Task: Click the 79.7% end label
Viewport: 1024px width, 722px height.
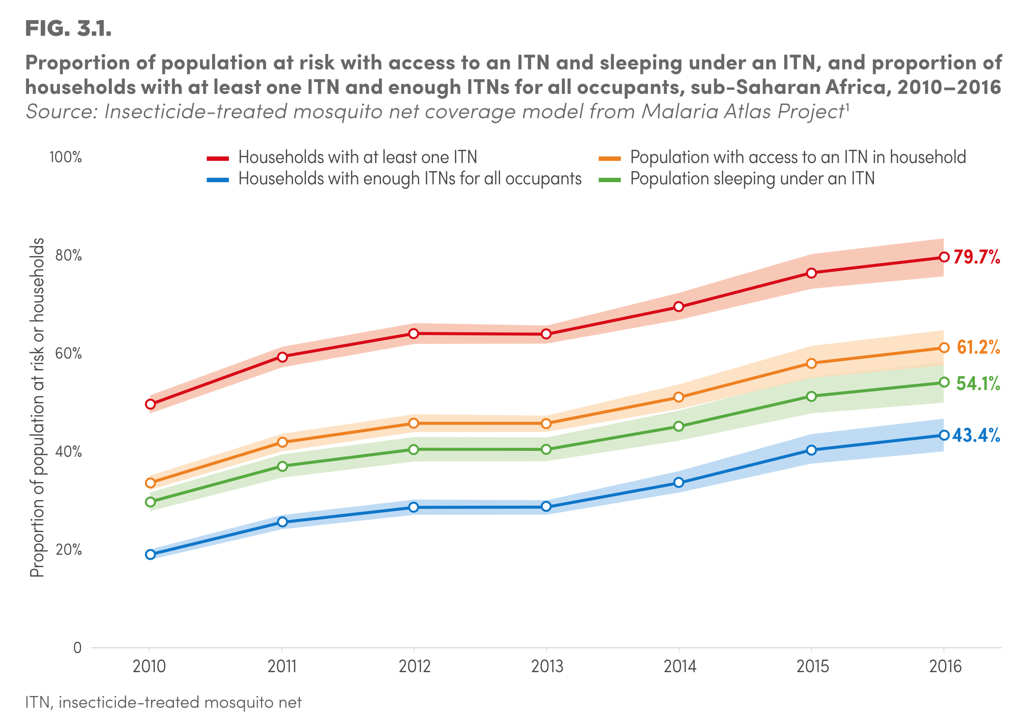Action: (976, 257)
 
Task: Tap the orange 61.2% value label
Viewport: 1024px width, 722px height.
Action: (978, 347)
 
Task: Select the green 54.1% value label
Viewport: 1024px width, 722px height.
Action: (977, 383)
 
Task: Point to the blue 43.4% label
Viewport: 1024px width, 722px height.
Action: (976, 435)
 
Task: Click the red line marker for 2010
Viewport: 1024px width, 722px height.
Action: (150, 404)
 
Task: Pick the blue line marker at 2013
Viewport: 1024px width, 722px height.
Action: (546, 507)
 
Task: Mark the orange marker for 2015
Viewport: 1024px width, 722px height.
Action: (811, 364)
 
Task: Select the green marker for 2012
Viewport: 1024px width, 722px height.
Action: (413, 449)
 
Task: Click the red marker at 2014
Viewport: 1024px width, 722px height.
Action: (678, 306)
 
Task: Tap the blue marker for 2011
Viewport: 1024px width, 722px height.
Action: (282, 522)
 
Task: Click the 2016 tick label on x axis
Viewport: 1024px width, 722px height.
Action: (945, 667)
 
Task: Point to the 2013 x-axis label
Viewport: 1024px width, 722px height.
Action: (547, 667)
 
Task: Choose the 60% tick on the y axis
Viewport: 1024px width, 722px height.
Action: (68, 354)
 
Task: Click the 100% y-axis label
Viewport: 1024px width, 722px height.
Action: (66, 157)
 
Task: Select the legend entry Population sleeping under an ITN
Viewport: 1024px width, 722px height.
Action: (752, 179)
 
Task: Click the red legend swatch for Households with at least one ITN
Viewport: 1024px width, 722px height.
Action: (218, 158)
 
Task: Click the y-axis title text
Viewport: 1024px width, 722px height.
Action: (38, 407)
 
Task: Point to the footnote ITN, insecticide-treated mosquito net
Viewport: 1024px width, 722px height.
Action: (163, 702)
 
